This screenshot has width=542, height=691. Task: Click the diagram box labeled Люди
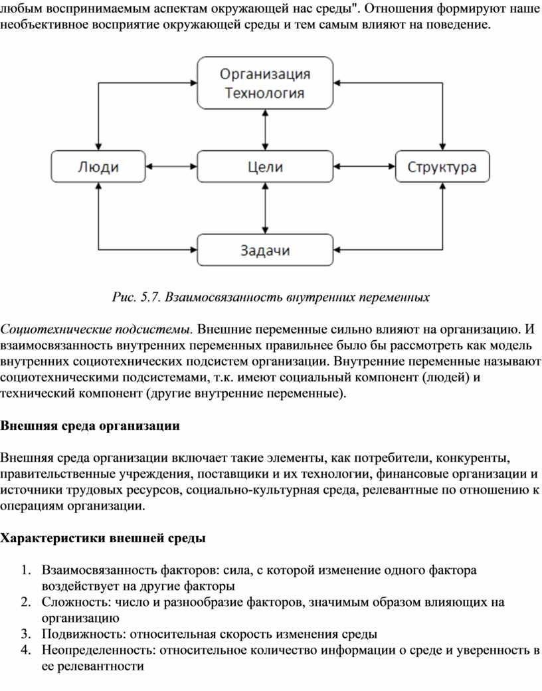[x=98, y=167]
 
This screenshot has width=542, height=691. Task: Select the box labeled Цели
[x=265, y=167]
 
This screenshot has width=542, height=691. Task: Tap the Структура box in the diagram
[x=442, y=167]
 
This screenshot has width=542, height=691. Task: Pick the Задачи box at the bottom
[x=265, y=250]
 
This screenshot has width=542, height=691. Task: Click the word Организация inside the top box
[x=265, y=74]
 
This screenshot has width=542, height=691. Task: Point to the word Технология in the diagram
[x=265, y=93]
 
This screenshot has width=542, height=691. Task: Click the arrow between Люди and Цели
[x=171, y=167]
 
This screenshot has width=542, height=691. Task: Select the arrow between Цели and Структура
[x=364, y=167]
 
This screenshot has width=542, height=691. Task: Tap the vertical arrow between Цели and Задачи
[x=265, y=208]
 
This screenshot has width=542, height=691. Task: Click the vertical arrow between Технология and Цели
[x=265, y=130]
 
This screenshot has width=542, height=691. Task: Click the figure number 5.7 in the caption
[x=150, y=298]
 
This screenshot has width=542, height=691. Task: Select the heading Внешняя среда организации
[x=90, y=426]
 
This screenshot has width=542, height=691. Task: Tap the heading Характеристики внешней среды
[x=103, y=538]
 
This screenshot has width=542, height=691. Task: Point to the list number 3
[x=26, y=634]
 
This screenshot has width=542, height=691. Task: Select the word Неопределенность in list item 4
[x=99, y=650]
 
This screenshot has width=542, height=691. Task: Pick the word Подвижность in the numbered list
[x=84, y=634]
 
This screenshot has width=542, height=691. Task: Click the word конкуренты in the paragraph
[x=473, y=458]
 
